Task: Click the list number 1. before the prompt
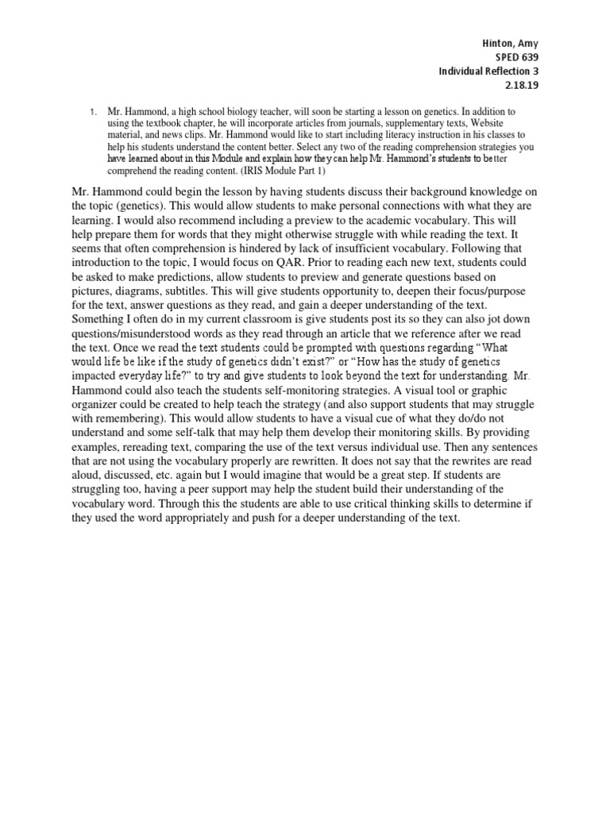pyautogui.click(x=94, y=114)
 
